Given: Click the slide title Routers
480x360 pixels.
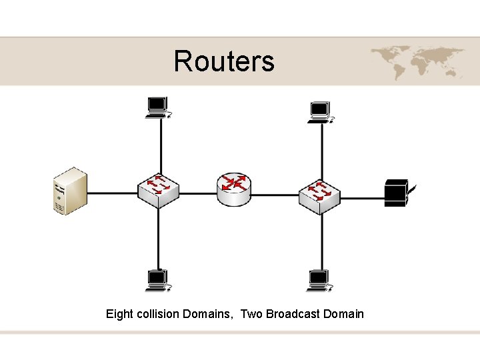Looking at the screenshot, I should coord(223,61).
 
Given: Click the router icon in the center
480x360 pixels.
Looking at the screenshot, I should coord(234,190).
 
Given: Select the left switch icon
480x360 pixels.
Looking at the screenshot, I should coord(158,191).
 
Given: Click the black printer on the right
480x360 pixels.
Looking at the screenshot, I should coord(398,193).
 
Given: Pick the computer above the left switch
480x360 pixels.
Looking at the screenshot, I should coord(158,107).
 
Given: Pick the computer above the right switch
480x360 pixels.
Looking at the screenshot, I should coord(320,112).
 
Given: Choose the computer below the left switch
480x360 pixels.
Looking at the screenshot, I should coord(158,280).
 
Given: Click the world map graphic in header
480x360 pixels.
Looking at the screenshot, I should coord(418,61).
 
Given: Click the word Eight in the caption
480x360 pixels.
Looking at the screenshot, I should coord(120,314).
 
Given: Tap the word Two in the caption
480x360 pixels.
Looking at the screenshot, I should coord(251,314).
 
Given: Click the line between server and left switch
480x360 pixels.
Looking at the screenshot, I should coord(112,194).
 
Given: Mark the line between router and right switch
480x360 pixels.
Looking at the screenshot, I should coord(275,195).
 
